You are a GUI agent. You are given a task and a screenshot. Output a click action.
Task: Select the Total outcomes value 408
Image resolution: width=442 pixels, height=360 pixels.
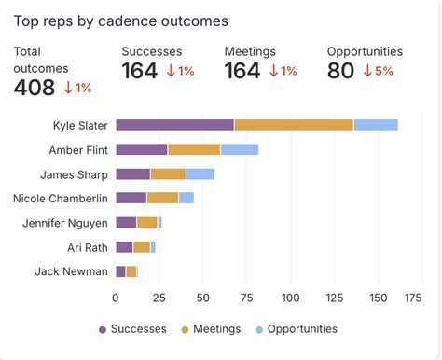click(x=35, y=88)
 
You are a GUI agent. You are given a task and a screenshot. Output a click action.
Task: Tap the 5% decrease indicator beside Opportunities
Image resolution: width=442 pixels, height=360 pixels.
click(x=379, y=71)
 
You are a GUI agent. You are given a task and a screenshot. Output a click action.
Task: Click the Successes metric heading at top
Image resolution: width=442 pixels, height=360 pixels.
click(x=151, y=52)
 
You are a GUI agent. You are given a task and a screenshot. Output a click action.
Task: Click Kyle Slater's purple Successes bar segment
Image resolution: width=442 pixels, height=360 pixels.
click(x=174, y=125)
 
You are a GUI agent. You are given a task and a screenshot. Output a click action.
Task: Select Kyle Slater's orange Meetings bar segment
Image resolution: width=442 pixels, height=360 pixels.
click(x=294, y=125)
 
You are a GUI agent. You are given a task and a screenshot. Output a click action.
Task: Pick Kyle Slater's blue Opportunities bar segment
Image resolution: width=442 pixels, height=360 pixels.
click(x=376, y=125)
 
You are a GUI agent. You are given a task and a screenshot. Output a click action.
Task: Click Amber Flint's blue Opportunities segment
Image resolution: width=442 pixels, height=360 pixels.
click(x=239, y=149)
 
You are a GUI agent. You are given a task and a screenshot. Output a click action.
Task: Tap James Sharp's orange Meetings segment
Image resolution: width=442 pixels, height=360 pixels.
click(x=168, y=173)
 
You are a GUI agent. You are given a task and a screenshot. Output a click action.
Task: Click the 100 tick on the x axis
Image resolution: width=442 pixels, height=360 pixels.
click(x=291, y=298)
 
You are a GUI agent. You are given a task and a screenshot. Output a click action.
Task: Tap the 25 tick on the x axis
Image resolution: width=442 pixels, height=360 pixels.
click(x=159, y=298)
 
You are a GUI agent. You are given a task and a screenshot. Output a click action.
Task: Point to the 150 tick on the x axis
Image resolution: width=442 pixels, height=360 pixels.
click(x=379, y=298)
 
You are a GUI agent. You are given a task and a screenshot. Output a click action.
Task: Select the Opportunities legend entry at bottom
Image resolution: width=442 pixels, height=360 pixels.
click(x=296, y=329)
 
